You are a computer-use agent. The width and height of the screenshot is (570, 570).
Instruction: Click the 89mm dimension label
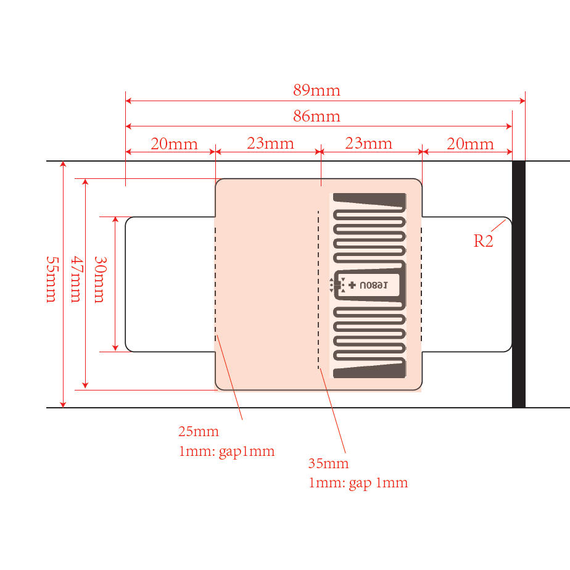pyautogui.click(x=316, y=91)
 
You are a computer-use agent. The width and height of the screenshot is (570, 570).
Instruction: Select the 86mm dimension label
pyautogui.click(x=316, y=116)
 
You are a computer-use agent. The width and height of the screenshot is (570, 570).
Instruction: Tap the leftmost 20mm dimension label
pyautogui.click(x=174, y=144)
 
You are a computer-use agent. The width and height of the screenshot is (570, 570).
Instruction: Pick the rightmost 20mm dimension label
pyautogui.click(x=470, y=144)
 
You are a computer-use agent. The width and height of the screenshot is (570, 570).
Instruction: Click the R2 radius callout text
pyautogui.click(x=484, y=241)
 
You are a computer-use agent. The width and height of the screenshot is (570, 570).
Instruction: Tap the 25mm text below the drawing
pyautogui.click(x=199, y=431)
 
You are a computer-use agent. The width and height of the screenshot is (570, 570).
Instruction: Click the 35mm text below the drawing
pyautogui.click(x=328, y=463)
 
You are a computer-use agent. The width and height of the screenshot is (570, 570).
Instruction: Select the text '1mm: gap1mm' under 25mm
pyautogui.click(x=226, y=451)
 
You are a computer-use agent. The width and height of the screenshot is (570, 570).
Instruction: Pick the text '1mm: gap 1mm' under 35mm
pyautogui.click(x=358, y=482)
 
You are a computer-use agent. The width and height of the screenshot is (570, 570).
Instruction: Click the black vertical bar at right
pyautogui.click(x=519, y=284)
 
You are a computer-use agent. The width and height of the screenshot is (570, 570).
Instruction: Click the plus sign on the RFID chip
pyautogui.click(x=352, y=285)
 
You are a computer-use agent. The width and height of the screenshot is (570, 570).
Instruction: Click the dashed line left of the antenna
pyautogui.click(x=318, y=290)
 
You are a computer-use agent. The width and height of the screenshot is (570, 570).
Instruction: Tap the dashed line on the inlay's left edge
pyautogui.click(x=216, y=284)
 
